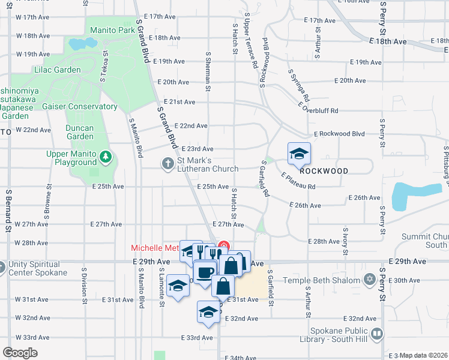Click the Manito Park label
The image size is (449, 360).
pos(112,29)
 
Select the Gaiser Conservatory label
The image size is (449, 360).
pos(80,106)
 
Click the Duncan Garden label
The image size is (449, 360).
pos(80,132)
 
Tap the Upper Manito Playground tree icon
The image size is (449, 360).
pos(106,157)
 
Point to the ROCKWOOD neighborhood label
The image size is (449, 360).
pos(324,171)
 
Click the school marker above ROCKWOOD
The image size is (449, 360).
pos(299,154)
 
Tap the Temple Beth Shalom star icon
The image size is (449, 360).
pos(370,280)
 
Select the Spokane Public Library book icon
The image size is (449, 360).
pos(376,334)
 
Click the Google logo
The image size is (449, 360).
pos(20,352)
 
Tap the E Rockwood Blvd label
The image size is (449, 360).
pos(339,134)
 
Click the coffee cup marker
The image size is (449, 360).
pos(204,272)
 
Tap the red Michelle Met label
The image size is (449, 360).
pos(155,248)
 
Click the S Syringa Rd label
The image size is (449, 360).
pos(298,85)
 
